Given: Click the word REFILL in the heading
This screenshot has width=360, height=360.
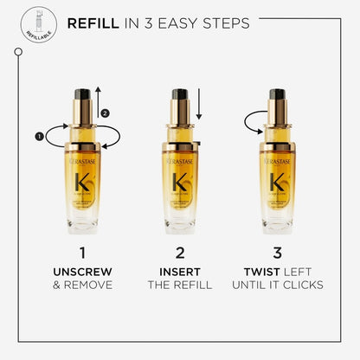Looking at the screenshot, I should pyautogui.click(x=93, y=22).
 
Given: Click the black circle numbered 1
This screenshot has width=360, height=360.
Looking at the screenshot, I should pyautogui.click(x=39, y=135).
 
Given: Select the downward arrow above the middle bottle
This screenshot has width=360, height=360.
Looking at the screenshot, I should pyautogui.click(x=198, y=106).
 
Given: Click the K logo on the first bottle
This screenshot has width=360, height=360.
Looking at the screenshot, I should pyautogui.click(x=82, y=183).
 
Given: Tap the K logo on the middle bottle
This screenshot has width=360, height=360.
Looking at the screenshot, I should pyautogui.click(x=180, y=183).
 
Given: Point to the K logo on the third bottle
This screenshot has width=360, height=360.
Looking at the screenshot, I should pyautogui.click(x=278, y=183).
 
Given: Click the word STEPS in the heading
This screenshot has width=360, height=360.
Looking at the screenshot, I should pyautogui.click(x=222, y=22).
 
